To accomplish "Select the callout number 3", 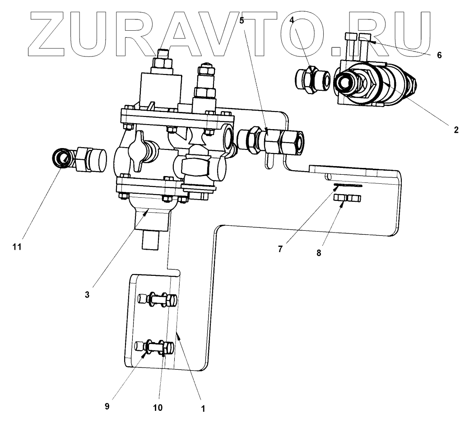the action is pyautogui.click(x=88, y=295).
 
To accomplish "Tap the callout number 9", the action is pyautogui.click(x=107, y=406).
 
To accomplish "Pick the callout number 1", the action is pyautogui.click(x=203, y=409).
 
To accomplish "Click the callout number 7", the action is pyautogui.click(x=280, y=249).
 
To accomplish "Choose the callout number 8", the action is pyautogui.click(x=319, y=253).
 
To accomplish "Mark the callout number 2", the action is pyautogui.click(x=456, y=130).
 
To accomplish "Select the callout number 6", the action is pyautogui.click(x=439, y=56).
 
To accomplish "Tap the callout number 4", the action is pyautogui.click(x=293, y=20).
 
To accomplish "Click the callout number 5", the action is pyautogui.click(x=242, y=20).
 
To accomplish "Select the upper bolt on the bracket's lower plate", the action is pyautogui.click(x=157, y=299).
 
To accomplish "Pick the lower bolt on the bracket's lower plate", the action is pyautogui.click(x=156, y=348).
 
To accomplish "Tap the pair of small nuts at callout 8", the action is pyautogui.click(x=347, y=198).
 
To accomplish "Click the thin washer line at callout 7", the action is pyautogui.click(x=348, y=185).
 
